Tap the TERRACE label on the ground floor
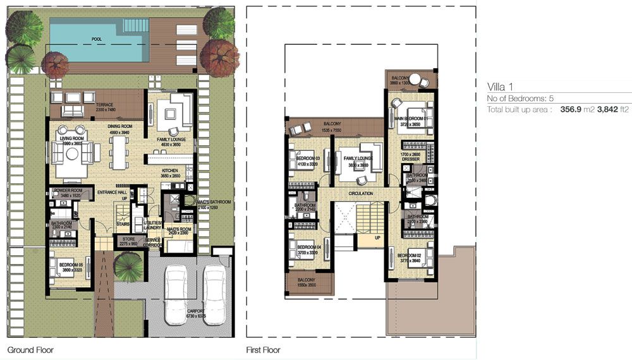click(x=104, y=104)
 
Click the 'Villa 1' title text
click(x=499, y=87)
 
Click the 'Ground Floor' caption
click(x=30, y=349)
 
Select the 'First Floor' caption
click(x=263, y=349)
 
